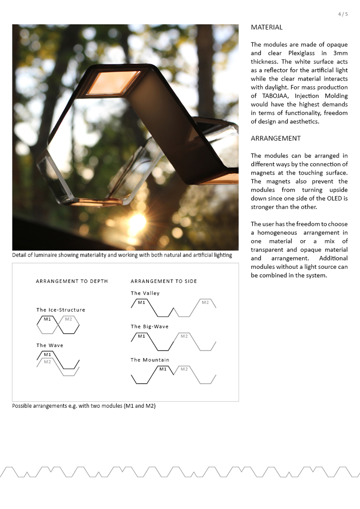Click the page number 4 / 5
[x=343, y=14]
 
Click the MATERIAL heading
[x=267, y=27]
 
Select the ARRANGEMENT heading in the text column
[x=276, y=139]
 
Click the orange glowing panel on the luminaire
[x=114, y=82]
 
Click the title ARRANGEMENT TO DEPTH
[x=72, y=281]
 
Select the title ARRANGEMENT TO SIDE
[x=164, y=281]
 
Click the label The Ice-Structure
[x=61, y=310]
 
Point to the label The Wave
[x=50, y=345]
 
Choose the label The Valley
[x=145, y=293]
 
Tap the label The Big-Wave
[x=150, y=326]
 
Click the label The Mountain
[x=150, y=360]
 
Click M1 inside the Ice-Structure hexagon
[x=48, y=319]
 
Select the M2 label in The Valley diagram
[x=205, y=303]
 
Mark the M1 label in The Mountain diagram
[x=163, y=369]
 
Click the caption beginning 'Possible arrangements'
[x=84, y=406]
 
